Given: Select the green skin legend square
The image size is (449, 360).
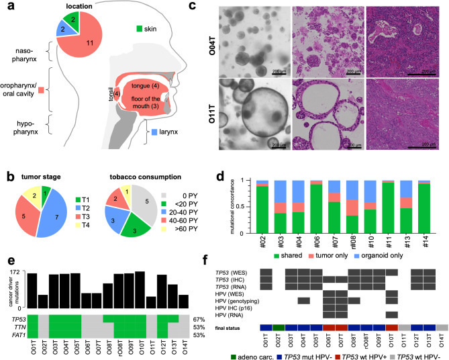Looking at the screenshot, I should pos(140,28).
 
